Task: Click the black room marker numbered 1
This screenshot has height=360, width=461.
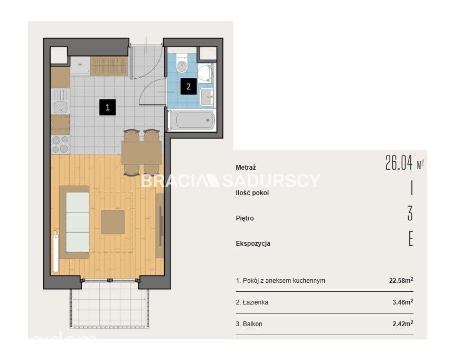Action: click(107, 107)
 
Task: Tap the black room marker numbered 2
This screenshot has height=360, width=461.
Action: click(189, 87)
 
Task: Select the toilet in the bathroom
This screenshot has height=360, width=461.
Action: click(182, 63)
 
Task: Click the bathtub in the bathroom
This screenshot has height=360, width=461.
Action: click(193, 120)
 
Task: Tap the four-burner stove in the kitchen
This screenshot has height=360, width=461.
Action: click(60, 144)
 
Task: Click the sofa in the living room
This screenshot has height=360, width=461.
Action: click(74, 222)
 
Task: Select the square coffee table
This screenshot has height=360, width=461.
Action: click(113, 222)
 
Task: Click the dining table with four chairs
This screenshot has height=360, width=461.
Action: click(142, 152)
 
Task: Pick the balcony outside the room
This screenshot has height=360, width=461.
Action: click(109, 304)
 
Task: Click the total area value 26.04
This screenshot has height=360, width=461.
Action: click(399, 163)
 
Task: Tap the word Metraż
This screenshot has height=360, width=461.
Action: click(246, 168)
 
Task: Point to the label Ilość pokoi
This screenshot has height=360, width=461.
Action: click(252, 193)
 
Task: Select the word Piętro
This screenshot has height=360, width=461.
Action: click(244, 218)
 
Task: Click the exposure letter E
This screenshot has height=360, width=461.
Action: click(411, 239)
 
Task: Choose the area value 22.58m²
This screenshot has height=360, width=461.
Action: click(401, 280)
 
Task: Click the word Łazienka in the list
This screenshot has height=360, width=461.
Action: click(256, 302)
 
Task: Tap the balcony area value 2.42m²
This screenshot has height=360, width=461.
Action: click(403, 324)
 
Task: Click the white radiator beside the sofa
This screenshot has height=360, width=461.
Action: click(55, 252)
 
